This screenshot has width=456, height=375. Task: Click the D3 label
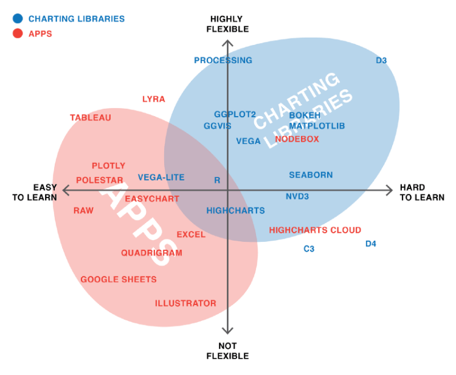click(x=381, y=60)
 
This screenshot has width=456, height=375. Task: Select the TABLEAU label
click(x=91, y=117)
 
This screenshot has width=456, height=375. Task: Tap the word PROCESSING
click(x=223, y=60)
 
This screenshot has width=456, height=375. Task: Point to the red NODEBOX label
click(x=297, y=139)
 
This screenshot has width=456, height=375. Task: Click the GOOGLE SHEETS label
click(x=119, y=279)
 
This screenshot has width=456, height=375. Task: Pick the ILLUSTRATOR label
click(x=185, y=303)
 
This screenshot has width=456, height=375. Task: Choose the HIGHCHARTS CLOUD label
click(x=315, y=230)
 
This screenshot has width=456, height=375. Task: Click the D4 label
click(x=370, y=244)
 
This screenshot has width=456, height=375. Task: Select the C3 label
click(x=309, y=249)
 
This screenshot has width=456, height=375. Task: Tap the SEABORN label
click(x=311, y=174)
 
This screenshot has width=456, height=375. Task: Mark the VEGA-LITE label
click(x=161, y=177)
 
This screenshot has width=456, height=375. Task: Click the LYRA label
click(x=153, y=99)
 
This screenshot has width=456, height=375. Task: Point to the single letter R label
click(x=217, y=181)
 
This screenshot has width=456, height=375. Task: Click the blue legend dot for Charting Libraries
click(x=18, y=19)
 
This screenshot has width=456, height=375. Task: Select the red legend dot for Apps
click(x=18, y=33)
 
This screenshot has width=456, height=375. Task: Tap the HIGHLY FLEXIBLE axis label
click(x=227, y=24)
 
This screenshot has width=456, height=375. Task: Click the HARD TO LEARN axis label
click(x=421, y=192)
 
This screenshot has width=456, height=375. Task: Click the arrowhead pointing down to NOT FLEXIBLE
click(x=227, y=330)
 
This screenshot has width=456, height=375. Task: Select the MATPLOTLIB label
click(x=317, y=126)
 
